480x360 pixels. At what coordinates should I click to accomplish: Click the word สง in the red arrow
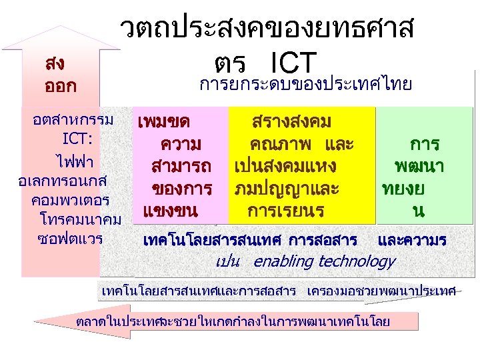point(55,64)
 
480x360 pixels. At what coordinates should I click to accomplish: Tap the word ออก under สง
point(60,87)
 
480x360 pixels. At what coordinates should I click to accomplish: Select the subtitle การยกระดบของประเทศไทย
point(306,84)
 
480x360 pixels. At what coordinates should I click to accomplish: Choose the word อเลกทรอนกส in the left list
point(65,181)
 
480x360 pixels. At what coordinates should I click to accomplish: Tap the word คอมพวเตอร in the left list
point(70,200)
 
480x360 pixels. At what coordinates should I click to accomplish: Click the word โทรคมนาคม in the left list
point(80,219)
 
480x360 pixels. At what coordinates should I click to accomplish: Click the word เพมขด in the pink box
point(163,122)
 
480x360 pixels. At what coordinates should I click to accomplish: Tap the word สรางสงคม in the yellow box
point(292,122)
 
